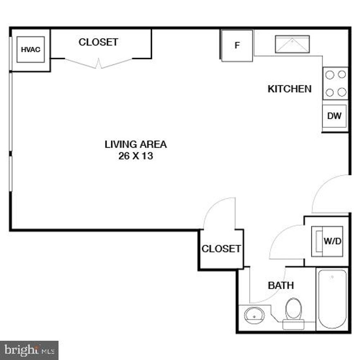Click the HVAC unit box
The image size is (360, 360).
click(x=31, y=49)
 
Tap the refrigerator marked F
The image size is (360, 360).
click(x=237, y=45)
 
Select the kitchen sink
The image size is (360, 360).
click(x=292, y=44)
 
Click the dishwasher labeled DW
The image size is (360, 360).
click(x=334, y=116)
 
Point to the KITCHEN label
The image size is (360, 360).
click(x=289, y=89)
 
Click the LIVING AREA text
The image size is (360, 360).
click(x=135, y=144)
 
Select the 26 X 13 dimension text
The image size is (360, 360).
click(x=135, y=156)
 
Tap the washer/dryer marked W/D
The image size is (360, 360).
click(x=327, y=241)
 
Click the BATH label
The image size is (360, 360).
click(x=281, y=285)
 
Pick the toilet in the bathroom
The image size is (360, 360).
click(x=293, y=310)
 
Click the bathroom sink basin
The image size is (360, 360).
click(x=254, y=315)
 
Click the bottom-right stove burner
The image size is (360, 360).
click(x=342, y=92)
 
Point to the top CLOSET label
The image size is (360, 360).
click(x=98, y=42)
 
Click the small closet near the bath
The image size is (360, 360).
click(x=221, y=249)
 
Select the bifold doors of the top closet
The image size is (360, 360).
click(x=99, y=63)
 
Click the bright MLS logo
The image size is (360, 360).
click(x=29, y=350)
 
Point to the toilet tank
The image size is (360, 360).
click(x=293, y=324)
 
